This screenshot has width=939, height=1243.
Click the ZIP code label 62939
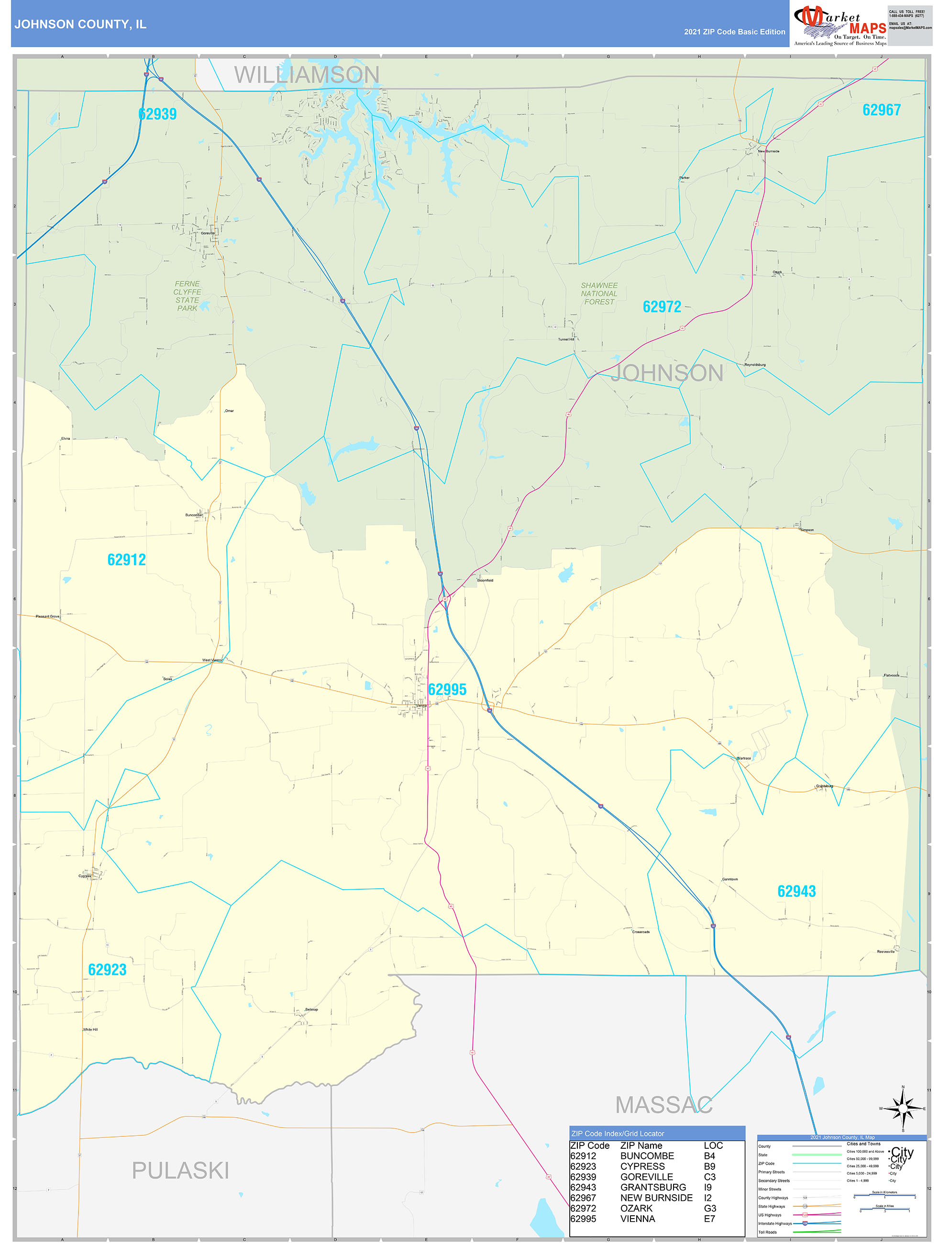tap(157, 114)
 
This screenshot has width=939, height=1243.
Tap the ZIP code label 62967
tap(881, 110)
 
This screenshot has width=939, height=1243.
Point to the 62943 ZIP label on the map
tap(795, 891)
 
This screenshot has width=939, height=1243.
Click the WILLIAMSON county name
tap(307, 75)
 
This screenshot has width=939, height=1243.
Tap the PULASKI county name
tap(180, 1170)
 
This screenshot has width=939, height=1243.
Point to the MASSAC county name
tap(663, 1105)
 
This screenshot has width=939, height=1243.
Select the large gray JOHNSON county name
tap(667, 373)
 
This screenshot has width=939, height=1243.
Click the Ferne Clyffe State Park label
tap(187, 296)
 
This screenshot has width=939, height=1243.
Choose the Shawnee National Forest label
tap(599, 294)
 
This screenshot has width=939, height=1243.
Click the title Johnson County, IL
tap(80, 24)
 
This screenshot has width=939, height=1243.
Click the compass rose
tap(903, 1109)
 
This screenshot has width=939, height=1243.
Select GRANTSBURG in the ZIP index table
tap(653, 1188)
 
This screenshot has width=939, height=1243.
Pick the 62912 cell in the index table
tap(583, 1156)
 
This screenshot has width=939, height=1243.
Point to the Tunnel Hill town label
tap(566, 339)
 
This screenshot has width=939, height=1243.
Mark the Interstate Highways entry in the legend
tap(774, 1223)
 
